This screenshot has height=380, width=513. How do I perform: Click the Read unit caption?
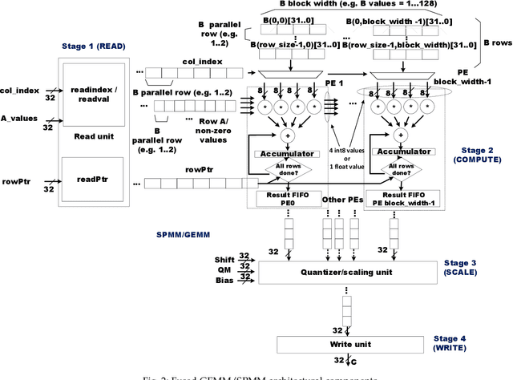[91, 135]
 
